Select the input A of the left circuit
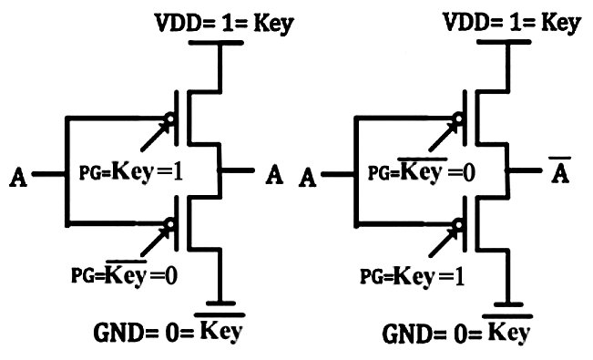click(x=16, y=175)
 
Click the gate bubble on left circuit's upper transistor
click(x=170, y=118)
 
